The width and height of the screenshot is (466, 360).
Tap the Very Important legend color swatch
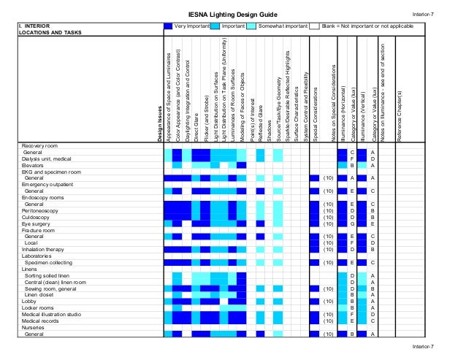(x=169, y=26)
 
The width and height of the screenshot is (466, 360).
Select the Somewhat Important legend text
(x=286, y=26)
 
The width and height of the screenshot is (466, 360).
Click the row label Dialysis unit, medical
(x=47, y=158)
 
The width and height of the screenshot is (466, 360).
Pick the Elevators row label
(x=34, y=165)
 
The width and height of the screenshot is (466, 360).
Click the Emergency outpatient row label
(x=45, y=184)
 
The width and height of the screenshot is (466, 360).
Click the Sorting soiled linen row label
(x=50, y=275)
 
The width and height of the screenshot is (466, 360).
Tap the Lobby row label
(x=29, y=301)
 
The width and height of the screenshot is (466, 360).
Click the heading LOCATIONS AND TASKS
(x=50, y=33)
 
